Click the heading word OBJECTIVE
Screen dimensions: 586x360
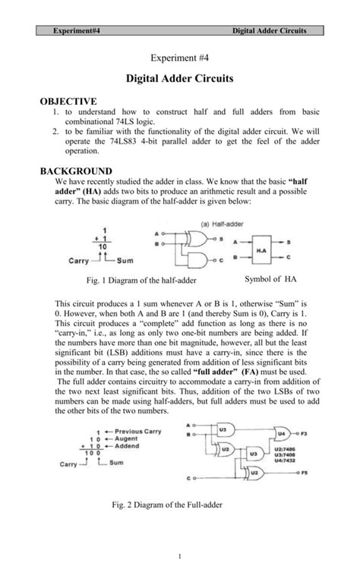(x=72, y=100)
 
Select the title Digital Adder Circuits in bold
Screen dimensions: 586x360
(x=179, y=78)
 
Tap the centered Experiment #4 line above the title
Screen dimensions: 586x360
(x=179, y=58)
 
